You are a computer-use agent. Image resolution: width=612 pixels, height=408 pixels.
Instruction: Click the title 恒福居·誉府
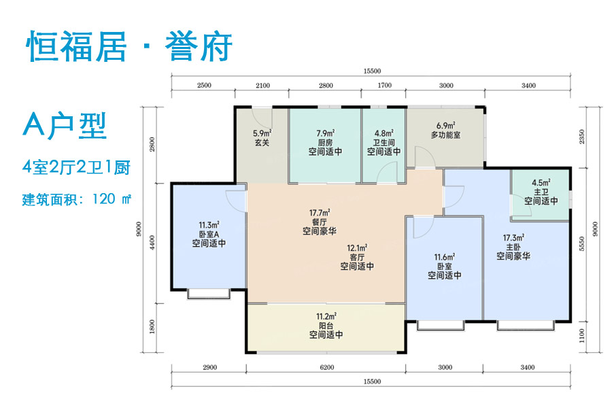point(129,48)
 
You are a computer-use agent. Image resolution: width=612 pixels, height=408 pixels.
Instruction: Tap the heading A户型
point(66,126)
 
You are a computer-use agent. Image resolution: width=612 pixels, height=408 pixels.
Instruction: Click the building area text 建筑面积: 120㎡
point(77,200)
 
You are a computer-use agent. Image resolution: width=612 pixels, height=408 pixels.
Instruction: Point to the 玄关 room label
point(262,143)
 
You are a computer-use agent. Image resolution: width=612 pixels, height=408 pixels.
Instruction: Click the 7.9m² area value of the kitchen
point(325,134)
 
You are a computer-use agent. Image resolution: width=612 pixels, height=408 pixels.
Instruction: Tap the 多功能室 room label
point(445,135)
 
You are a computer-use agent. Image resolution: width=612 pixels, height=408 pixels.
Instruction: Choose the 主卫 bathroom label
point(541,192)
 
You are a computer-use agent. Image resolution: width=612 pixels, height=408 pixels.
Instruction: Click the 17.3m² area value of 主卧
point(513,237)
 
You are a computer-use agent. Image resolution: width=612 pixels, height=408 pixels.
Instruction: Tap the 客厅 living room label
point(357,257)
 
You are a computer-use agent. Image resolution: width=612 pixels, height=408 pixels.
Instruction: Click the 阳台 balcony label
point(326,325)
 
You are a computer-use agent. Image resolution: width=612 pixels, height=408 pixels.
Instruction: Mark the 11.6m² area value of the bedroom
point(445,257)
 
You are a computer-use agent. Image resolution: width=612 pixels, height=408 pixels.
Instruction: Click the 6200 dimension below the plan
point(326,367)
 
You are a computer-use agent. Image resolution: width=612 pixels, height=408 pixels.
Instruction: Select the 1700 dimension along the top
point(384,86)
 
